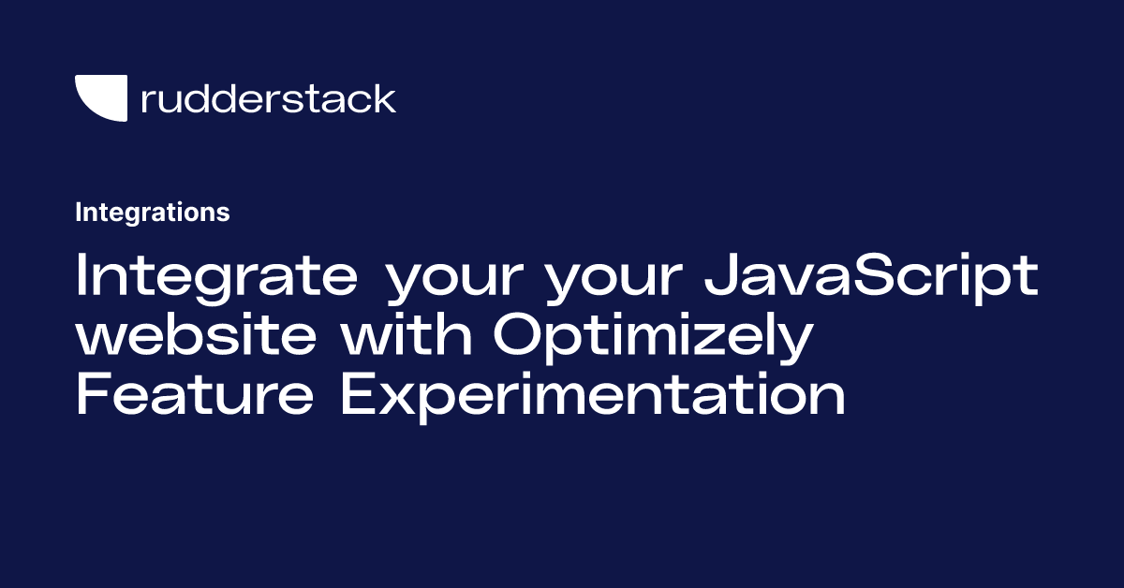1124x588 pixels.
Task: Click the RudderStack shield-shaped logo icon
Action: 100,98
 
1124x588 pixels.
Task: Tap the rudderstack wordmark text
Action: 268,98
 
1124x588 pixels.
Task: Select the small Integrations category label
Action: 152,213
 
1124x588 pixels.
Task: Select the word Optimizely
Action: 650,339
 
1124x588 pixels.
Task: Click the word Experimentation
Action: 592,397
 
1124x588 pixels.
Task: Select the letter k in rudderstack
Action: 383,98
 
